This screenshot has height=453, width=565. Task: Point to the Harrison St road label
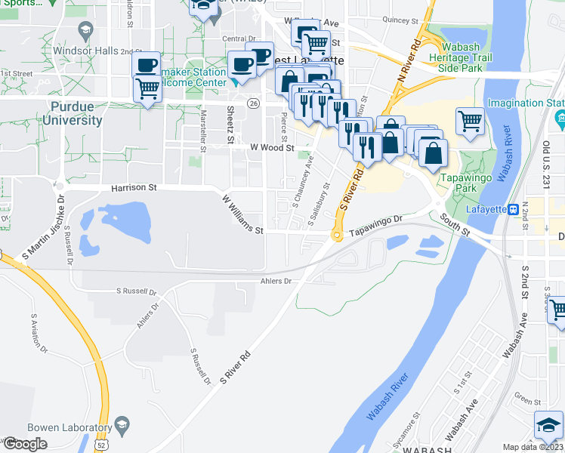tap(133, 186)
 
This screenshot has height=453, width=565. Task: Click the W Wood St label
tap(273, 148)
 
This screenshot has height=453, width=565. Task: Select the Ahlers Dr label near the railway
tap(276, 281)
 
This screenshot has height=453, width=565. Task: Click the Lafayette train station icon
tap(513, 208)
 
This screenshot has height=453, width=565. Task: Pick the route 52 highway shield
tap(100, 445)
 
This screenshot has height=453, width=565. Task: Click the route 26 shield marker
tap(254, 103)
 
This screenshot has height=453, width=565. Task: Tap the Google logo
tap(25, 444)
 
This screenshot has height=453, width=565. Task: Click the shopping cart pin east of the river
tap(470, 121)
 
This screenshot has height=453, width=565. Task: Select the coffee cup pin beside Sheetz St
tap(242, 66)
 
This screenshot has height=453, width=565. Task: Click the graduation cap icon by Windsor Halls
tap(85, 32)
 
